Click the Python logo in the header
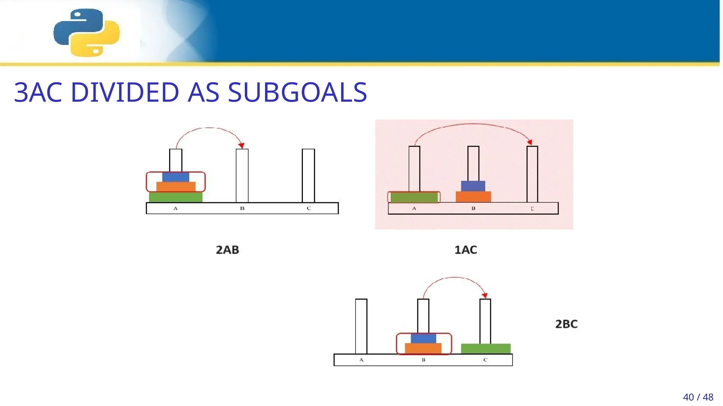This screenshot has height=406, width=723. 86,32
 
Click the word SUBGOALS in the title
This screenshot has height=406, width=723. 297,93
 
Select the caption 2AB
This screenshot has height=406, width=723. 227,250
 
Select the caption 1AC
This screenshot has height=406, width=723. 466,250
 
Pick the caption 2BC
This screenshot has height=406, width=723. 566,324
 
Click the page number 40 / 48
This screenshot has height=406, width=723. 698,397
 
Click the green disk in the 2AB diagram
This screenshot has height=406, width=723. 175,197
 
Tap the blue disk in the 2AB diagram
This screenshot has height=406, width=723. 175,177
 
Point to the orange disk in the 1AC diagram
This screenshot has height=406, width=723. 473,197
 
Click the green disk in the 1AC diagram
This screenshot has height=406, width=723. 414,197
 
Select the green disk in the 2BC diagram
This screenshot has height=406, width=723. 485,349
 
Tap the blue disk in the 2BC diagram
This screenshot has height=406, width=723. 423,338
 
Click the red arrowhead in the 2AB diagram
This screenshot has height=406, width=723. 242,145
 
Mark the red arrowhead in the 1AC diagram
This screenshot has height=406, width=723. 530,142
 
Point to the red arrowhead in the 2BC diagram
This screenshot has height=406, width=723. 485,295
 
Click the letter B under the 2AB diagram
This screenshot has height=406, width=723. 242,208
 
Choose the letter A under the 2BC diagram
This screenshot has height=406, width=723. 361,360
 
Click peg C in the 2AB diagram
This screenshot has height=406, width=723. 308,175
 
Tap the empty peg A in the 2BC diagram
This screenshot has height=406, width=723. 361,326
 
